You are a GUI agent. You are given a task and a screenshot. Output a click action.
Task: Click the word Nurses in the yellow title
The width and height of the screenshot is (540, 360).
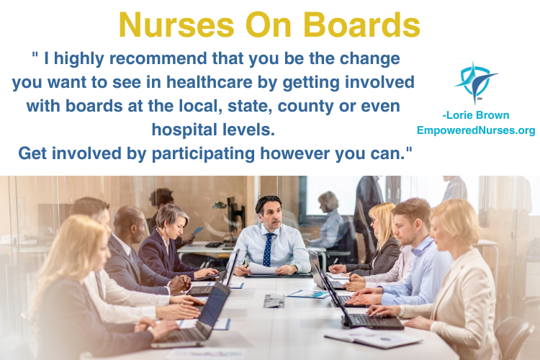coord(176,25)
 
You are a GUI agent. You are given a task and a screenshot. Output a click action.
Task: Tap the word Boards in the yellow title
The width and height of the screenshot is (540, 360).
coord(361,25)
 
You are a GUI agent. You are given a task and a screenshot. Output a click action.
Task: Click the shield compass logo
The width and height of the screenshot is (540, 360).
coord(476,83)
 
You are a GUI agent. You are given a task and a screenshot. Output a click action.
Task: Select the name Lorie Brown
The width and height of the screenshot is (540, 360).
coord(476,115)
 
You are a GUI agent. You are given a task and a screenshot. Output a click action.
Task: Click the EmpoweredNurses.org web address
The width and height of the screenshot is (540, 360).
coord(476,130)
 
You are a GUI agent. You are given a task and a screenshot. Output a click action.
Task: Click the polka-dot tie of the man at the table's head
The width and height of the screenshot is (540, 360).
coord(268,249)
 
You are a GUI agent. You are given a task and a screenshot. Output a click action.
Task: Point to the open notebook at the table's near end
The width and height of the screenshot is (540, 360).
coord(373,338)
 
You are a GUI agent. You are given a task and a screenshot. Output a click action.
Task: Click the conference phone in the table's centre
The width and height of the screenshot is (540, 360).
coord(274,301)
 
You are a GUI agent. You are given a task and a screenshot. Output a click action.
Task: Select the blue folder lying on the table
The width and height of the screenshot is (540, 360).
coord(309,294)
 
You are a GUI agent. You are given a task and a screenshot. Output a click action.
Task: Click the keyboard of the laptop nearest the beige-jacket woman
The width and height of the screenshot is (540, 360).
coord(375,320)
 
